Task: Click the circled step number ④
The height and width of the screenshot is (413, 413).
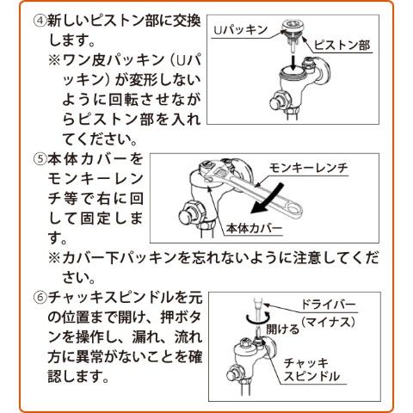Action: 40,22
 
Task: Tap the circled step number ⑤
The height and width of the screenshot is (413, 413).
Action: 40,159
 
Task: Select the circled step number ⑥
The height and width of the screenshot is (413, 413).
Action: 40,299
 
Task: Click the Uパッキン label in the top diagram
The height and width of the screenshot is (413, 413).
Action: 240,29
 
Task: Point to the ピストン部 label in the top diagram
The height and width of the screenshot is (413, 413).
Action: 342,46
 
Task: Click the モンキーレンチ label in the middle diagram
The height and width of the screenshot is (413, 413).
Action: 309,168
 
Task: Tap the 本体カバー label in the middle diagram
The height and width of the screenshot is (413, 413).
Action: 254,229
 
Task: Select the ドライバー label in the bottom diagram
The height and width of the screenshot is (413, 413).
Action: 329,305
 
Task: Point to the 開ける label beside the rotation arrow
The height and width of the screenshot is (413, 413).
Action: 283,330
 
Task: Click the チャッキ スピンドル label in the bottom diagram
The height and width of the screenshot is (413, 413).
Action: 311,370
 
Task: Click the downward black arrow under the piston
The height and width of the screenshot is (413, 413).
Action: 293,62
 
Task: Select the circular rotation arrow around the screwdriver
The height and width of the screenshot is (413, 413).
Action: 258,318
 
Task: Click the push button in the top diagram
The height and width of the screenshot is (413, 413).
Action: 277,103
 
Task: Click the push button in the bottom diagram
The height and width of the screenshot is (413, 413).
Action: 232,376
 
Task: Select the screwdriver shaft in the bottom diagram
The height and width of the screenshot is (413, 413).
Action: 258,317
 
